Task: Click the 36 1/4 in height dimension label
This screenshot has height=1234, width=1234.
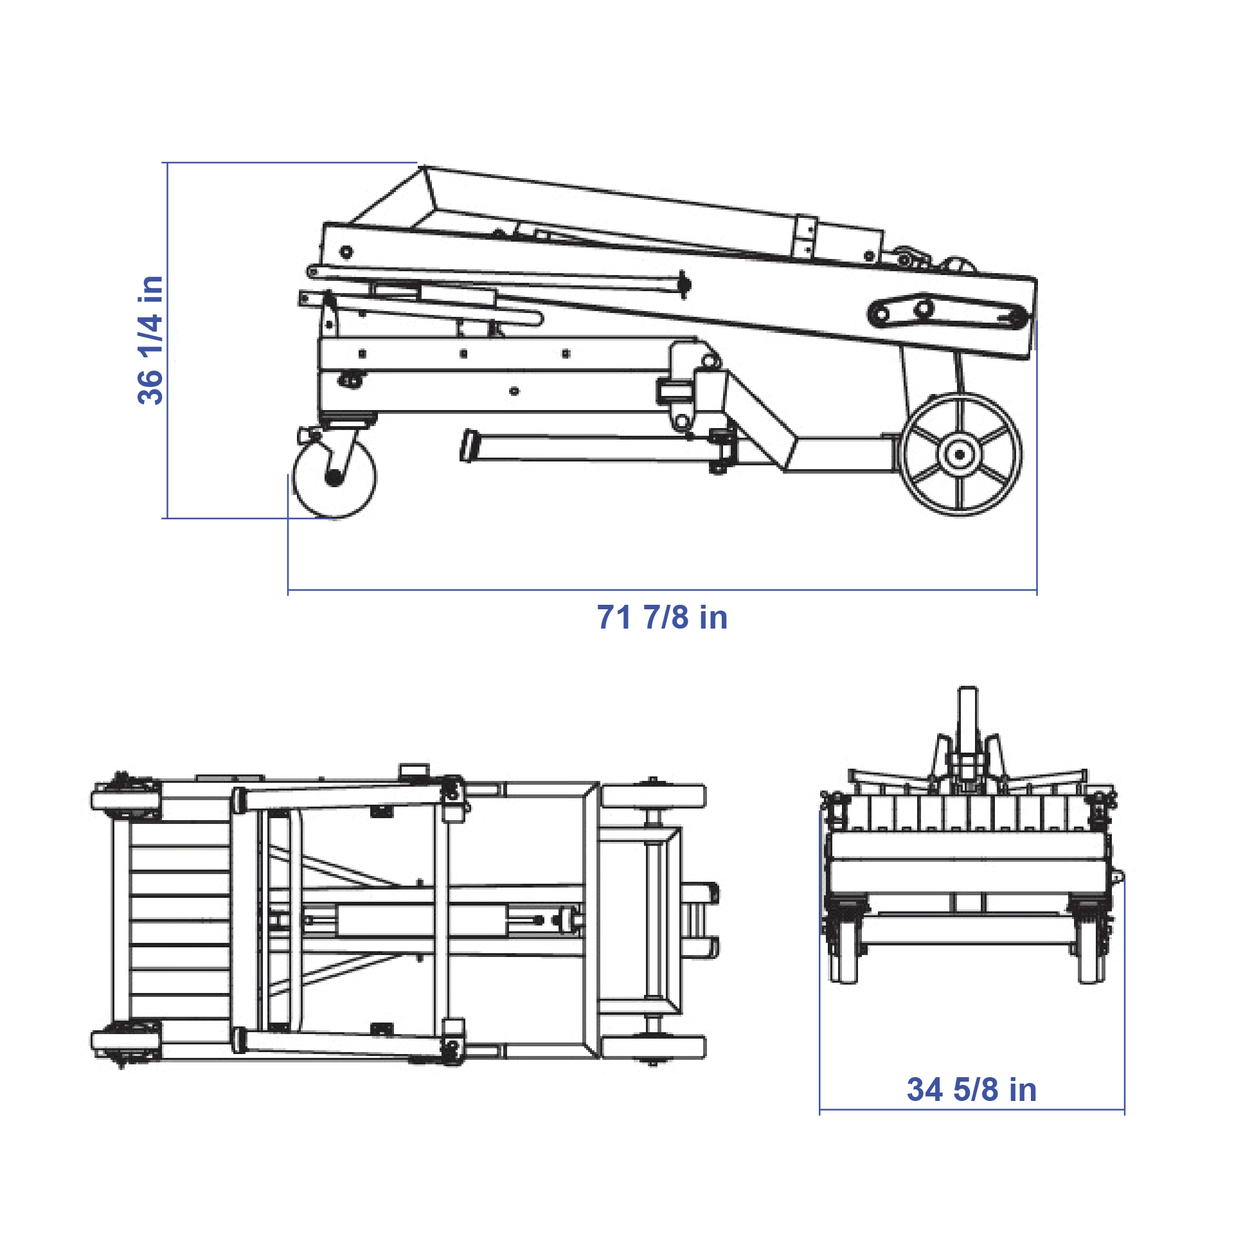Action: (x=150, y=340)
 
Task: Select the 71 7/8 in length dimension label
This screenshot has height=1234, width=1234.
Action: (x=662, y=617)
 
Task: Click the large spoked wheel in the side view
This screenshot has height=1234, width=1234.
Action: (x=960, y=454)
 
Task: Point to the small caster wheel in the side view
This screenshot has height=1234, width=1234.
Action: (x=334, y=476)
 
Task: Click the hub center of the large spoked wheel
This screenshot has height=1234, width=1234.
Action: (x=960, y=454)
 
